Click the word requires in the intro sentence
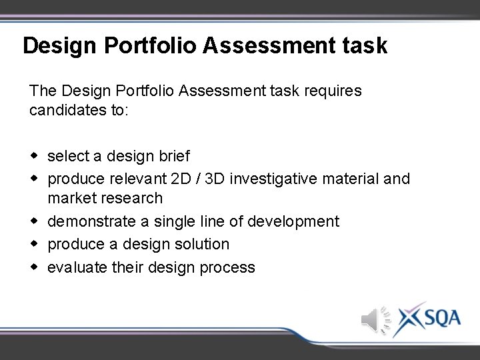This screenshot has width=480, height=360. click(335, 91)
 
